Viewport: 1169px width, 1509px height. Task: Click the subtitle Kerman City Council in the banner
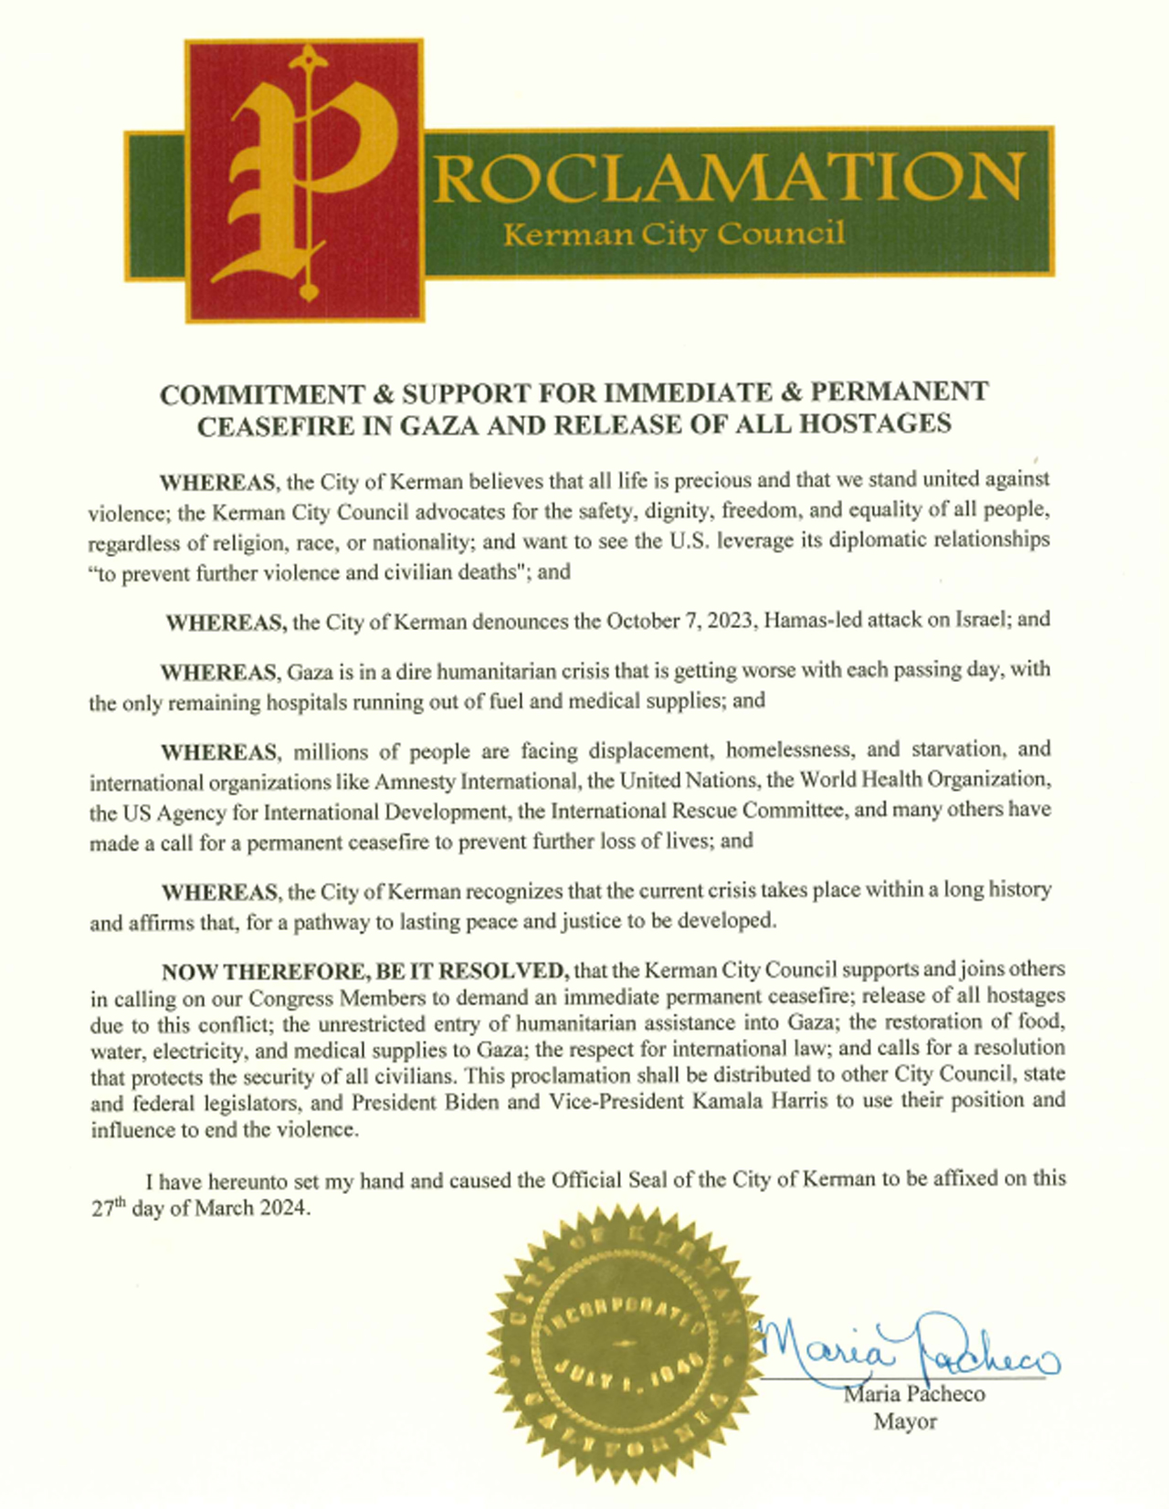pyautogui.click(x=674, y=235)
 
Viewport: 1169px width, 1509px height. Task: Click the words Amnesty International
pyautogui.click(x=475, y=781)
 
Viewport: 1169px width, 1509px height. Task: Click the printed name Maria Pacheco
pyautogui.click(x=914, y=1395)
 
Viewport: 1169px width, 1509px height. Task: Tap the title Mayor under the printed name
pyautogui.click(x=905, y=1421)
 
